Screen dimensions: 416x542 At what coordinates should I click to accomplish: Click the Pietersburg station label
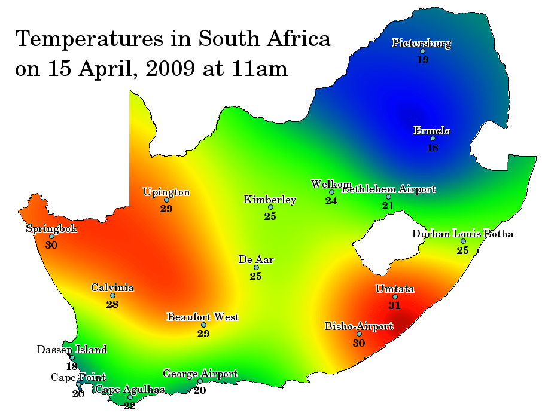421,43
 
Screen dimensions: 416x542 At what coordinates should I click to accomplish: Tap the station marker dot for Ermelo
433,139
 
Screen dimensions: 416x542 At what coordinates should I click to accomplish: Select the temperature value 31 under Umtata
394,305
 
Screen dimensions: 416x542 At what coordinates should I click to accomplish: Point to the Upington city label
166,192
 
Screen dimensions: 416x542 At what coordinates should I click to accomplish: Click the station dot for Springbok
51,237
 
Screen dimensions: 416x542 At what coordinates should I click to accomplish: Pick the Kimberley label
270,200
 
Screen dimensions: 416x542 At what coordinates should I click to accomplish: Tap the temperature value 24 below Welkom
331,201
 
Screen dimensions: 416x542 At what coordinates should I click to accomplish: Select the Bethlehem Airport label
388,189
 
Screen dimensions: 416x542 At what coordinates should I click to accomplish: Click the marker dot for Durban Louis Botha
463,241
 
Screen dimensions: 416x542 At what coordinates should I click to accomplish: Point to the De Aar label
256,259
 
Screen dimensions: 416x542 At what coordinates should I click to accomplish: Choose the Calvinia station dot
112,296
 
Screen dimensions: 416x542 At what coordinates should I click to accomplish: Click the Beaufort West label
203,317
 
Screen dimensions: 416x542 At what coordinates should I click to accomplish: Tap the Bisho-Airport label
359,326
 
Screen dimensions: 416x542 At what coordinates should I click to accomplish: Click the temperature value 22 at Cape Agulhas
130,406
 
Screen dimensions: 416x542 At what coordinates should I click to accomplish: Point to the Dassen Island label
72,350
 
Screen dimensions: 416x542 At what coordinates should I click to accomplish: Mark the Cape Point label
78,377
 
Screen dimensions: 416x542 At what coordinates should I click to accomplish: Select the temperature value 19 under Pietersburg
422,60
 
